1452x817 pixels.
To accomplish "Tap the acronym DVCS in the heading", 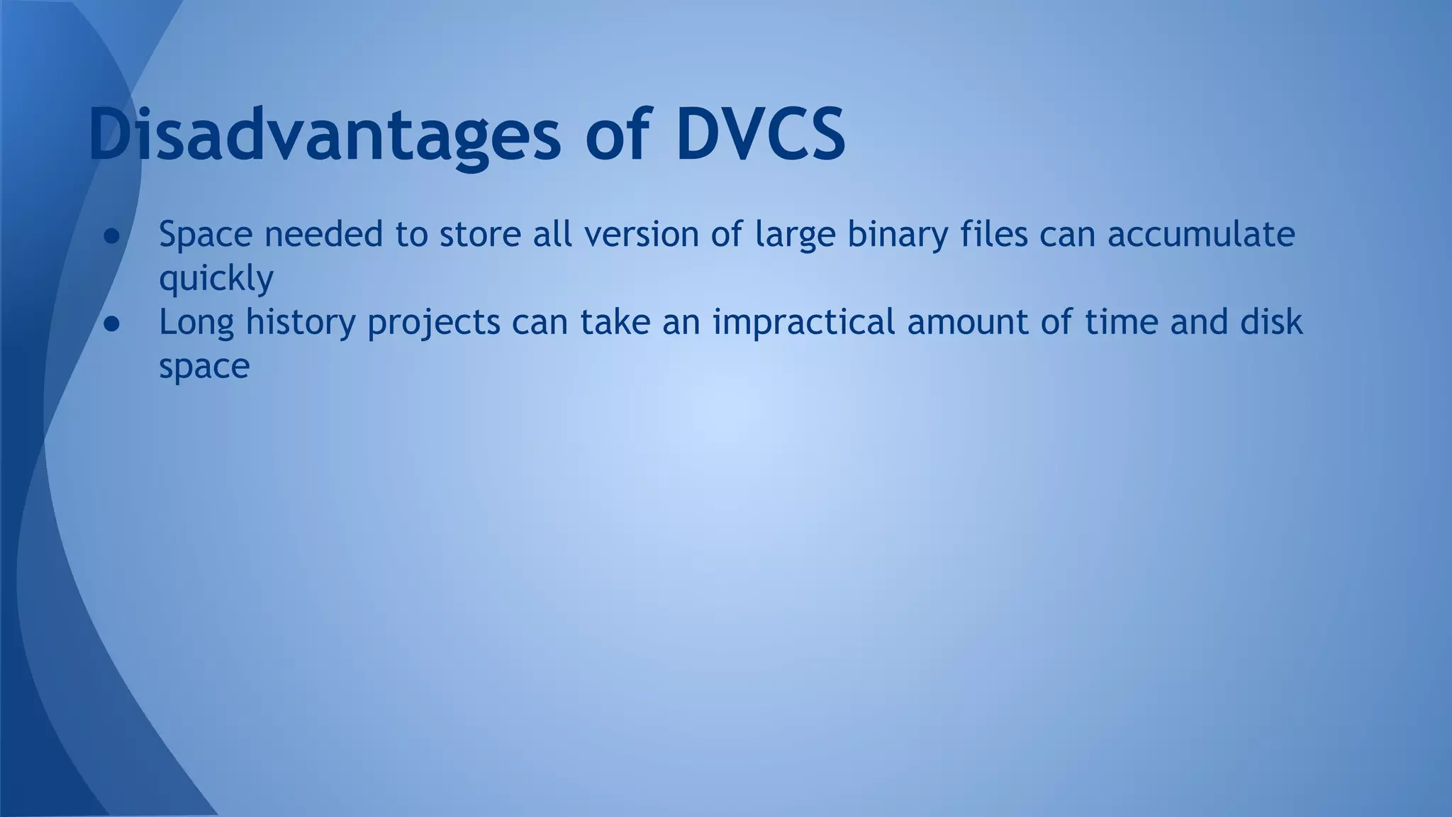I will coord(760,135).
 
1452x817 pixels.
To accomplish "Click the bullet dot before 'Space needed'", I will coord(112,236).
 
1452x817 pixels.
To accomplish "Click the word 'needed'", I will coord(324,234).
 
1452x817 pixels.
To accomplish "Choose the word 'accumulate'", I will coord(1201,234).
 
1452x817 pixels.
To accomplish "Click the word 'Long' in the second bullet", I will coord(196,323).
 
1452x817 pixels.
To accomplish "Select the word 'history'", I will coord(301,323).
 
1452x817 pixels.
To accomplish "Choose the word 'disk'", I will coord(1271,322).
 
